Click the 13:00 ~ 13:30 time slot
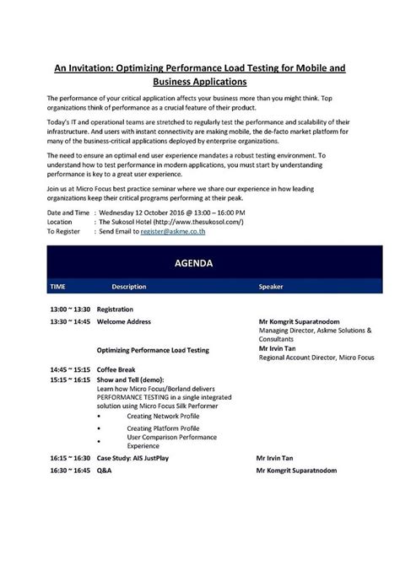pos(69,309)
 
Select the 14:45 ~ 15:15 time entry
pos(69,369)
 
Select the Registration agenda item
pos(115,309)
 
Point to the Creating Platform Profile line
pos(163,428)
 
